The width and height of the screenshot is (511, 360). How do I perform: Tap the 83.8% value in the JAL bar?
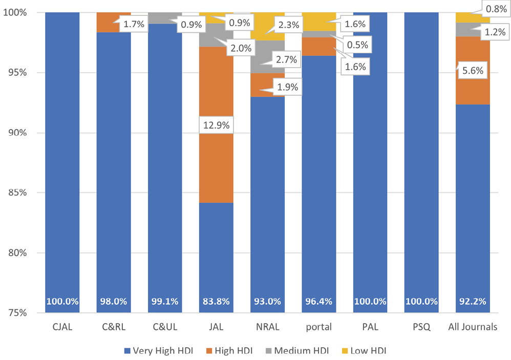(216, 302)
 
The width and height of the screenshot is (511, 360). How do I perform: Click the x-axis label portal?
(318, 327)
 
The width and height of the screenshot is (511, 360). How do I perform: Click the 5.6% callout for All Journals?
(473, 72)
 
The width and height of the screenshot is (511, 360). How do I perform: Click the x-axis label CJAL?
(62, 327)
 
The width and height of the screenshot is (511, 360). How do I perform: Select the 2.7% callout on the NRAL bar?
(286, 59)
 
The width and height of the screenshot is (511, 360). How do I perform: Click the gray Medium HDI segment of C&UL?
(164, 18)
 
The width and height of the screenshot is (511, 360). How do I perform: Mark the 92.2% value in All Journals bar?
(473, 302)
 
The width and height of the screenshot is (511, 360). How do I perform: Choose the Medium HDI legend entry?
(299, 351)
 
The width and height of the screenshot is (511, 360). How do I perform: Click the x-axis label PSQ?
(421, 327)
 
